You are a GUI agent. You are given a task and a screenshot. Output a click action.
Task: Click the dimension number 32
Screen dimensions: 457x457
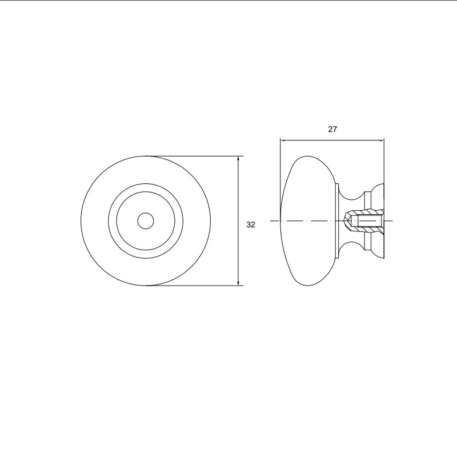pyautogui.click(x=251, y=225)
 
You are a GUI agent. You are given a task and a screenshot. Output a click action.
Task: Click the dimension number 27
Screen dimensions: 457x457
pyautogui.click(x=332, y=130)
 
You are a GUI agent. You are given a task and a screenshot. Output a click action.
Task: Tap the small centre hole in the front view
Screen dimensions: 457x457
pyautogui.click(x=146, y=221)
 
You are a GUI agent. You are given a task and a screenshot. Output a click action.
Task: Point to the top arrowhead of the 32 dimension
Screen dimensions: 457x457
pyautogui.click(x=238, y=159)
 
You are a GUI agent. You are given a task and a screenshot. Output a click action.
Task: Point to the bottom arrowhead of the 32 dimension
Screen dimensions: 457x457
pyautogui.click(x=238, y=283)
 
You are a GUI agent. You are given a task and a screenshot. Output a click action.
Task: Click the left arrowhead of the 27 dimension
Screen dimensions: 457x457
pyautogui.click(x=283, y=140)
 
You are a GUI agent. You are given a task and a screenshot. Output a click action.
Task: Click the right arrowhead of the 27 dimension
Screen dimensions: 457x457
pyautogui.click(x=381, y=140)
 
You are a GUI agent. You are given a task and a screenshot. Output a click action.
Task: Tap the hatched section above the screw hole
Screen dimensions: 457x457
pyautogui.click(x=365, y=212)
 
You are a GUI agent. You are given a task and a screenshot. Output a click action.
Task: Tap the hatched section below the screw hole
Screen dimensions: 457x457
pyautogui.click(x=365, y=230)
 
